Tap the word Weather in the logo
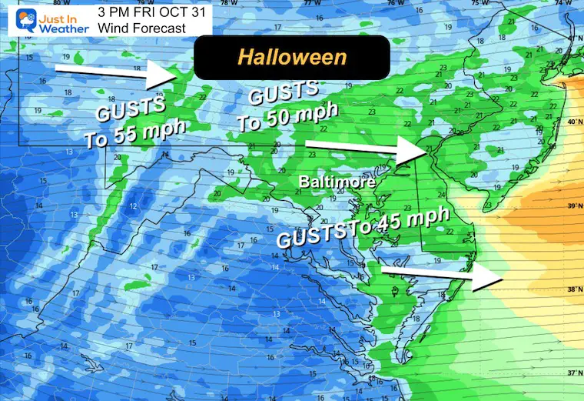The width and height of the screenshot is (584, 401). tap(65, 28)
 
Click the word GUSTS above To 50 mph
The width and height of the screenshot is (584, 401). tap(282, 96)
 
